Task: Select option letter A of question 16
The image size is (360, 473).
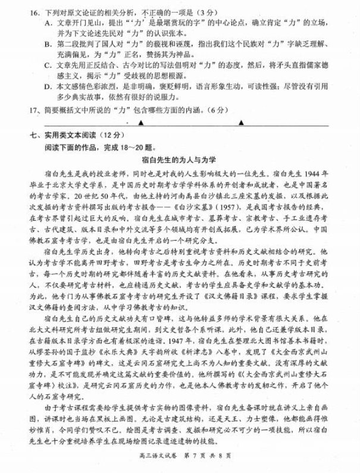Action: point(48,23)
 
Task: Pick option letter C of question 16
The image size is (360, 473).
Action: point(48,65)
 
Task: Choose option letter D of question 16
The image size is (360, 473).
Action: point(48,86)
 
